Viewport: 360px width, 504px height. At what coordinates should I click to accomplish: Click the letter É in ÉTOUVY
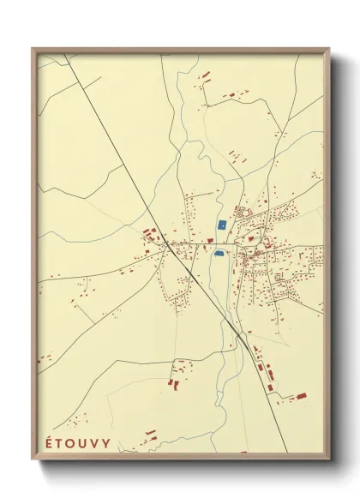click(x=45, y=443)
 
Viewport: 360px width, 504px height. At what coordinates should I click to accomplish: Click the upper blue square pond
click(x=221, y=225)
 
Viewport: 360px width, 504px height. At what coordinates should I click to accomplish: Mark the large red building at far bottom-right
click(x=301, y=396)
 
